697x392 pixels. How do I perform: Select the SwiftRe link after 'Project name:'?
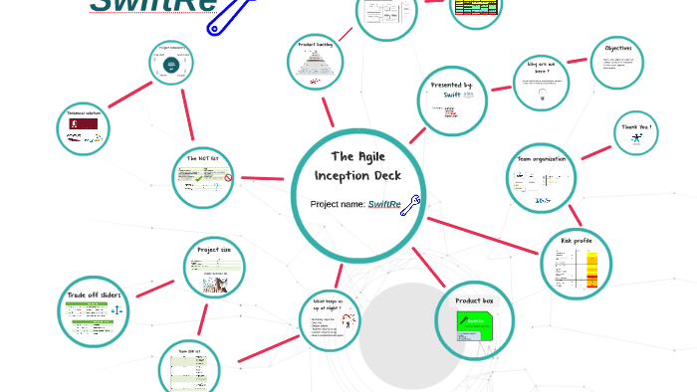(384, 205)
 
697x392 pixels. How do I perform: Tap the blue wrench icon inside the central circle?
(409, 205)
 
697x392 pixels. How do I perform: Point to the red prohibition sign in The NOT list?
(228, 179)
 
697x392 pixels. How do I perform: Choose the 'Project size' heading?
(214, 250)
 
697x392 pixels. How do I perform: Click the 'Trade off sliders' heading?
(96, 295)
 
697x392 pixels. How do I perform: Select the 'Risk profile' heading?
(577, 241)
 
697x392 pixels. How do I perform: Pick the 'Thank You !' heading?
(637, 127)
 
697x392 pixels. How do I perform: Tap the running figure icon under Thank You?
(637, 142)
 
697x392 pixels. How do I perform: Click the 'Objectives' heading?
(617, 48)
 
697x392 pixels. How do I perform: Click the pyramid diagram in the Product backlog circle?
(316, 67)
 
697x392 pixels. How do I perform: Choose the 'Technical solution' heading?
(84, 113)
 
